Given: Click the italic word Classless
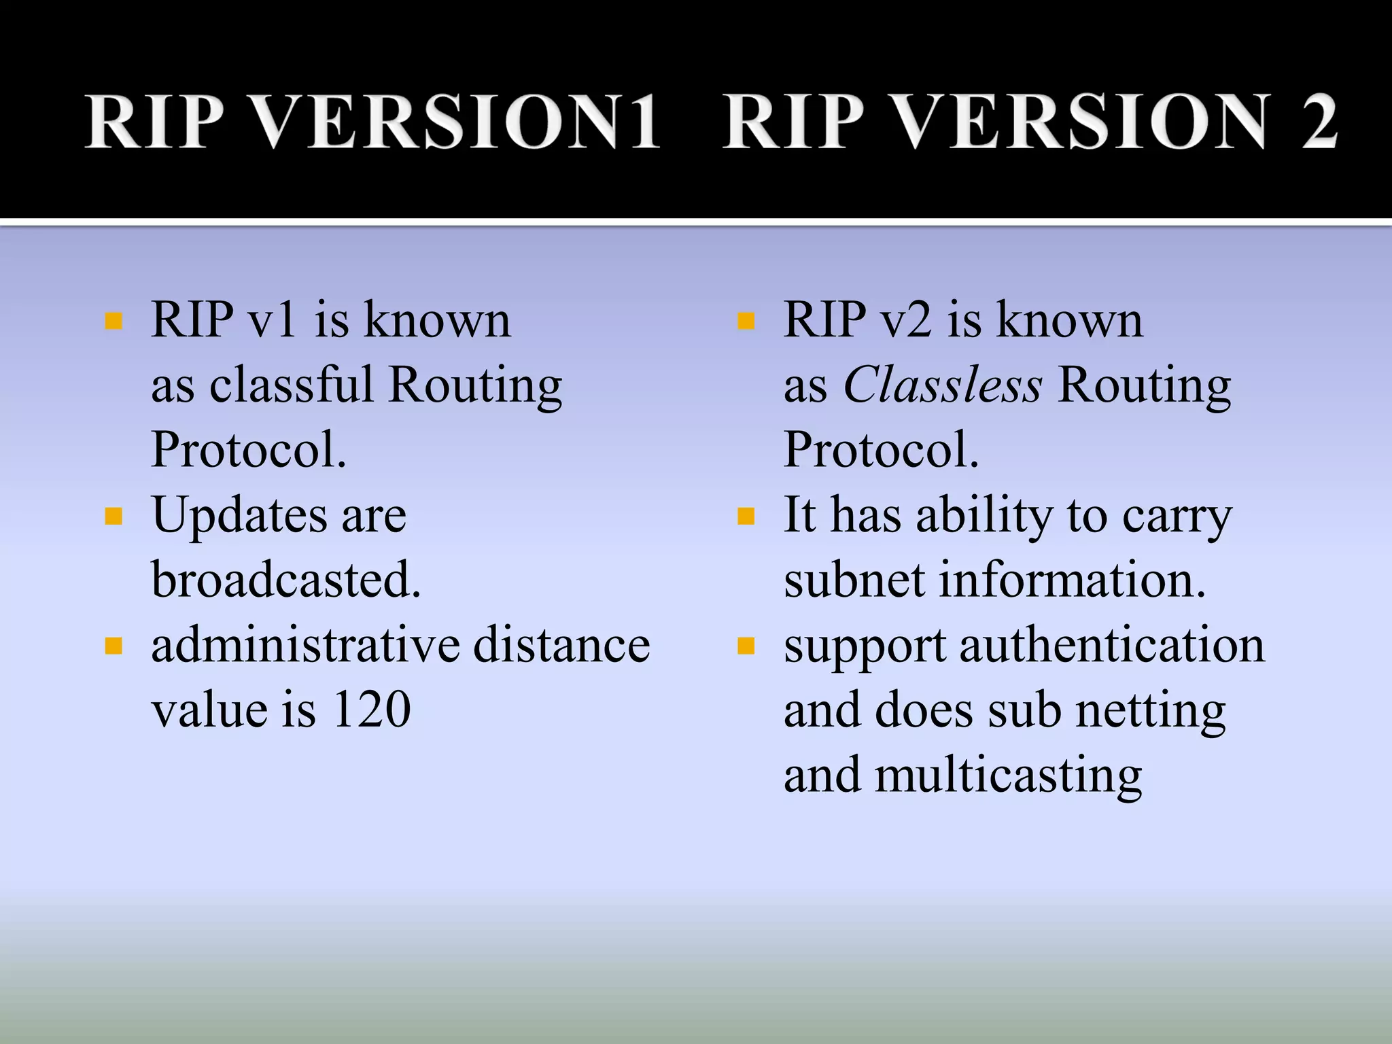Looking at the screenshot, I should pos(942,385).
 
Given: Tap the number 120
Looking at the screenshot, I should pos(371,710).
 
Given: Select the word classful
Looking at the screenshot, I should pos(291,385).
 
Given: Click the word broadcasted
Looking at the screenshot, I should pos(285,580).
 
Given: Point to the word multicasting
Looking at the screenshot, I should pos(1007,776).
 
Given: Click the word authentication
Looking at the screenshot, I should pos(1112,645).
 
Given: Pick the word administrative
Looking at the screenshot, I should pos(304,645).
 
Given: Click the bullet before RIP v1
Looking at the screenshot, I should pos(114,321).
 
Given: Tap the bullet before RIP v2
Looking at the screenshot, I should pos(746,321).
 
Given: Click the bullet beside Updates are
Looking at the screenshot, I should pos(114,517).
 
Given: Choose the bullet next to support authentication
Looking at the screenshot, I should pos(746,646).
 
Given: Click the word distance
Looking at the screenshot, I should pos(561,645).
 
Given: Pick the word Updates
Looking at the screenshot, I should pos(239,517).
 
